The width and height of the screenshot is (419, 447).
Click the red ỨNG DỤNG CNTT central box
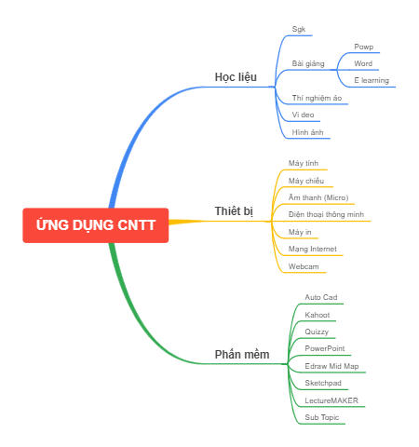pyautogui.click(x=96, y=225)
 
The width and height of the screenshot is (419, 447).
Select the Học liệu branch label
pyautogui.click(x=235, y=76)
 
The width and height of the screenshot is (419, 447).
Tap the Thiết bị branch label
pyautogui.click(x=234, y=211)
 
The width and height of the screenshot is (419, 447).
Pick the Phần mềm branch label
pyautogui.click(x=241, y=355)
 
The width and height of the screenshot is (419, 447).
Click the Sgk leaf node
pyautogui.click(x=298, y=29)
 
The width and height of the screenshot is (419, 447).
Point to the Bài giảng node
pyautogui.click(x=308, y=63)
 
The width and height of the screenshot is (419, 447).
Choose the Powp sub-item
pyautogui.click(x=363, y=47)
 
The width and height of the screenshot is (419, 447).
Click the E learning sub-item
pyautogui.click(x=372, y=80)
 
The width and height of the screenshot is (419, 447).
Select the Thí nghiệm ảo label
pyautogui.click(x=317, y=97)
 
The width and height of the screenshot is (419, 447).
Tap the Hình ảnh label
pyautogui.click(x=307, y=132)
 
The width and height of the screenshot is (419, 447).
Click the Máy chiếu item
pyautogui.click(x=306, y=181)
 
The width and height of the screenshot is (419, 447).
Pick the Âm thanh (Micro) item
pyautogui.click(x=318, y=197)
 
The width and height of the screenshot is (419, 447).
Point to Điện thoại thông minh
pyautogui.click(x=326, y=214)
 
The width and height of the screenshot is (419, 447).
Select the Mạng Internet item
pyautogui.click(x=312, y=249)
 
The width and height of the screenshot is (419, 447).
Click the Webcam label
pyautogui.click(x=304, y=266)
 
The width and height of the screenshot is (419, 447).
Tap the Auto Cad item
pyautogui.click(x=320, y=297)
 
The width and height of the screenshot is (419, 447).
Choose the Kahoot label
pyautogui.click(x=317, y=315)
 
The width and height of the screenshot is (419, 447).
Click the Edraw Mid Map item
pyautogui.click(x=331, y=366)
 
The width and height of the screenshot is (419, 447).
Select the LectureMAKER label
pyautogui.click(x=331, y=400)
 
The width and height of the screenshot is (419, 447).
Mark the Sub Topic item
pyautogui.click(x=320, y=417)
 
